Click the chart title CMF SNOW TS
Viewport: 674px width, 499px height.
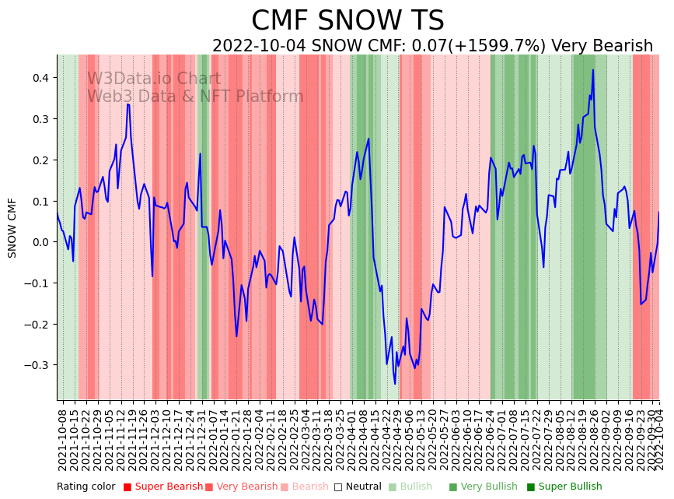(347, 21)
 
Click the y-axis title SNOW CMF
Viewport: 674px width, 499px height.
(12, 227)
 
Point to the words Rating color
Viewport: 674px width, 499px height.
(86, 487)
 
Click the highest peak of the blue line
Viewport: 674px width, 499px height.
(593, 70)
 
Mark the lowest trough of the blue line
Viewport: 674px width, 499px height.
(395, 384)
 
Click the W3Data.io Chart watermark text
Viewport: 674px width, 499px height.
(154, 79)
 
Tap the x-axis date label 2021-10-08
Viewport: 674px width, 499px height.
(62, 436)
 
